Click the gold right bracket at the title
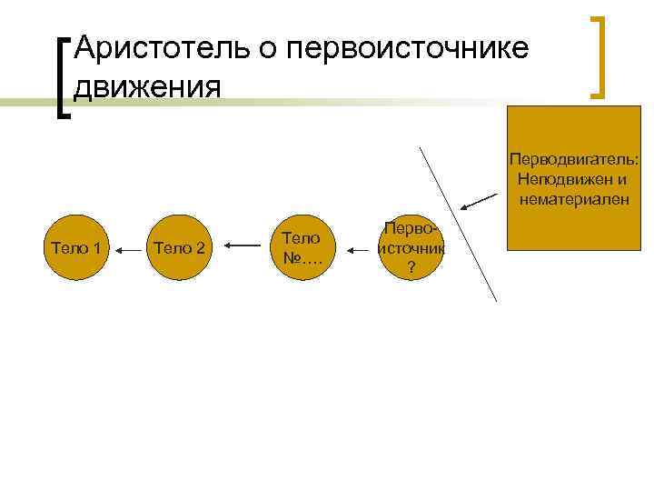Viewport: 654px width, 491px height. [x=598, y=56]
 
